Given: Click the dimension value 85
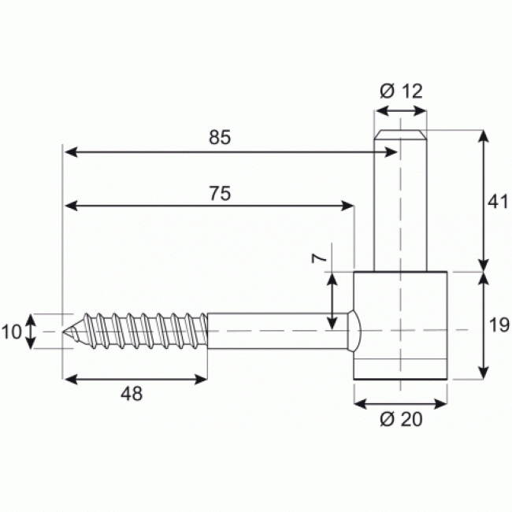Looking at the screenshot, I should pos(220,137).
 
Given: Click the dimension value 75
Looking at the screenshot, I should pos(220,193).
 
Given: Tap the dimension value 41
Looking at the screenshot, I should pos(495,202).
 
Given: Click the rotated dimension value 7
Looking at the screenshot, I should pos(318,258).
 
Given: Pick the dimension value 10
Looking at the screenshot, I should pos(12,332).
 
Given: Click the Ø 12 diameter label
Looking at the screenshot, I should pos(401,91).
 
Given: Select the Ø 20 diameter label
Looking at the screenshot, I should pos(401,420).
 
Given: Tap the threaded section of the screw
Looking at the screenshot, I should pos(142,331).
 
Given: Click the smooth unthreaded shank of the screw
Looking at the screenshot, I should pos(276,331).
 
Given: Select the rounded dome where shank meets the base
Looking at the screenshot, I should pos(354,331).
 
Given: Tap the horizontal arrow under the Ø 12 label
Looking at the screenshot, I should pos(400,111).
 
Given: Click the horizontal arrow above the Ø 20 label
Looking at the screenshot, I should pos(401,403).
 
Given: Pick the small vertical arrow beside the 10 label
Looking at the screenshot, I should pos(31,331).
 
